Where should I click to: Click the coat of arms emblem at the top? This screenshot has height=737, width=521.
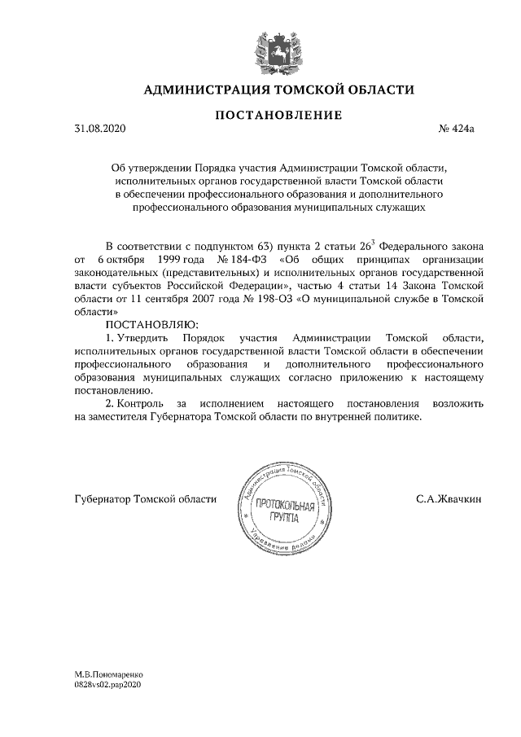(274, 48)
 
